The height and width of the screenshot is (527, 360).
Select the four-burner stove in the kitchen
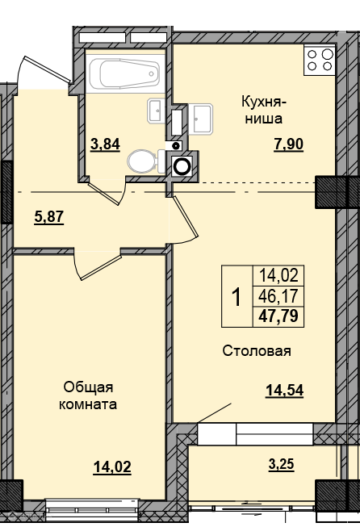pos(320,60)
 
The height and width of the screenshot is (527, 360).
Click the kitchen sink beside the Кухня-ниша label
pos(200,119)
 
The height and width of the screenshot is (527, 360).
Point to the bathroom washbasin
pos(156,111)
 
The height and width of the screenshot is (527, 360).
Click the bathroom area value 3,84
pos(105,144)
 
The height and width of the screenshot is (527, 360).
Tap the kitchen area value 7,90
pos(289,144)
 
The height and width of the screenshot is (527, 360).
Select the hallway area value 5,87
pos(49,217)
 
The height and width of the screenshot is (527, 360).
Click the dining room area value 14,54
pos(285,391)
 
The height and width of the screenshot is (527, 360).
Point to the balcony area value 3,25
pos(282,465)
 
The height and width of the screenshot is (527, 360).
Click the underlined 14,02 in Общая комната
pos(112,467)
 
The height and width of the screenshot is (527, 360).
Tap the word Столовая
pos(257,351)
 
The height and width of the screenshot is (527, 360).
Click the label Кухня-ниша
pos(264,110)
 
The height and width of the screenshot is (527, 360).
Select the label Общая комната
pos(88,395)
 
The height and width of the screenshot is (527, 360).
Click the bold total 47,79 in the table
pos(278,316)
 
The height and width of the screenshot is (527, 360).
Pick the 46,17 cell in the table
pos(278,296)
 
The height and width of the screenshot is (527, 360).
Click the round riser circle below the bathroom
pos(182,165)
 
